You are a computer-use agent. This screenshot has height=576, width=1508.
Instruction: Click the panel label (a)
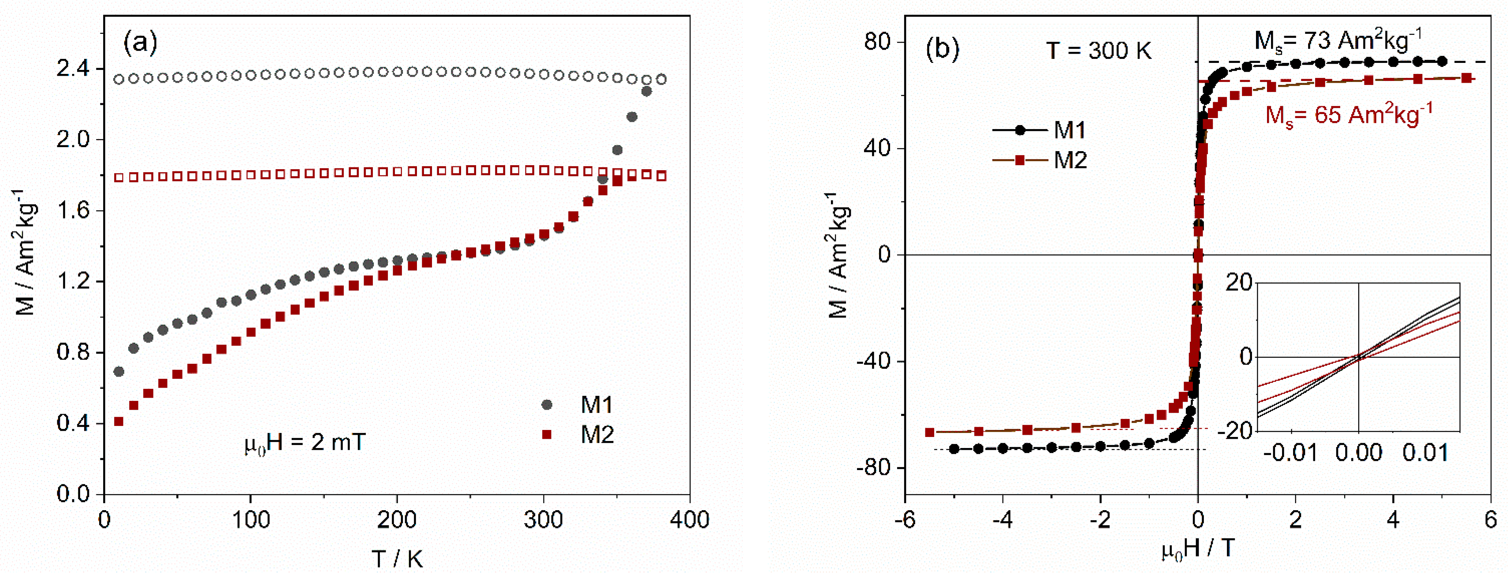pyautogui.click(x=140, y=42)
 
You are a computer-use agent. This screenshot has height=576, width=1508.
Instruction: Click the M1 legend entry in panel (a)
pyautogui.click(x=596, y=404)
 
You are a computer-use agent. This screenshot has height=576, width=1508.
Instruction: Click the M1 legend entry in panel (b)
pyautogui.click(x=1069, y=130)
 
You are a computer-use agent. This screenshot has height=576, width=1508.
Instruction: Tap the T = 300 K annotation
pyautogui.click(x=1098, y=50)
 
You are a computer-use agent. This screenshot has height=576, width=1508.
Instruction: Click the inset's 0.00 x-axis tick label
pyautogui.click(x=1358, y=453)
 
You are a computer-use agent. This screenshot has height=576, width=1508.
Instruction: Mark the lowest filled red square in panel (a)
pyautogui.click(x=119, y=421)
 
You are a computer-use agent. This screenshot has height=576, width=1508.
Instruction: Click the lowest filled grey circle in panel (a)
pyautogui.click(x=119, y=371)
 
